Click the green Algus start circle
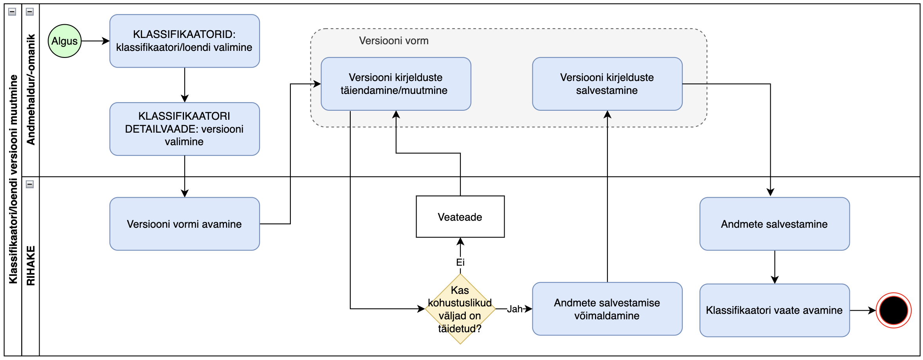pyautogui.click(x=65, y=41)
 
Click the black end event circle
pyautogui.click(x=893, y=310)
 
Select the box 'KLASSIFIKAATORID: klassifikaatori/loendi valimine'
pyautogui.click(x=184, y=41)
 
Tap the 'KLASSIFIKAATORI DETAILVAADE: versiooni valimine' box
pyautogui.click(x=184, y=129)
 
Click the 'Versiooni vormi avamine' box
pyautogui.click(x=184, y=224)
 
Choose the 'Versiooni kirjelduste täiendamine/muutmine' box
pyautogui.click(x=395, y=84)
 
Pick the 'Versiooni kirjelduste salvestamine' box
pyautogui.click(x=607, y=84)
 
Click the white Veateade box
pyautogui.click(x=460, y=217)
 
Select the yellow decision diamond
pyautogui.click(x=460, y=309)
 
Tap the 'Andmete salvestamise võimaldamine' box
pyautogui.click(x=607, y=309)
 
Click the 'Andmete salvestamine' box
pyautogui.click(x=774, y=224)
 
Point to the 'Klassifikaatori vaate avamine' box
pyautogui.click(x=774, y=310)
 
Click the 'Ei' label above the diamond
pyautogui.click(x=460, y=262)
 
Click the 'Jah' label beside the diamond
pyautogui.click(x=515, y=309)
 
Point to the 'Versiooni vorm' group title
pyautogui.click(x=394, y=41)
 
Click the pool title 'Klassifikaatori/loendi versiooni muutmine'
pyautogui.click(x=13, y=179)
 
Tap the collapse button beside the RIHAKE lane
pyautogui.click(x=30, y=184)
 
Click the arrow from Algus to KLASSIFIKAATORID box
pyautogui.click(x=95, y=41)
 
